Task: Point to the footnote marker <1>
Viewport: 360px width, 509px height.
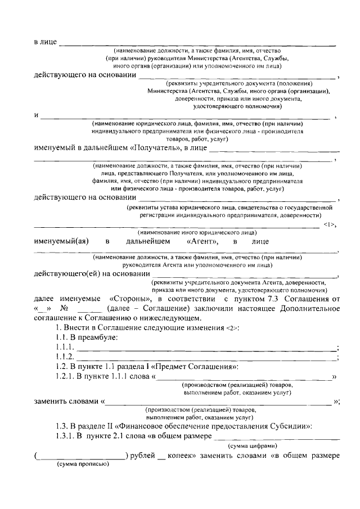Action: click(x=330, y=225)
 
